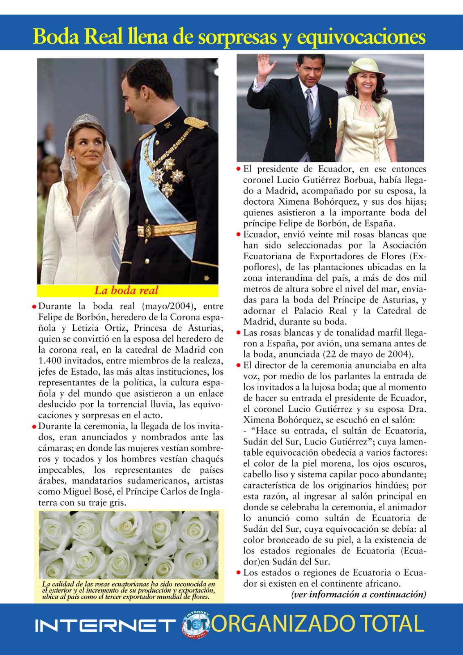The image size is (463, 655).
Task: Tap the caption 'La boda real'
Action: pyautogui.click(x=126, y=291)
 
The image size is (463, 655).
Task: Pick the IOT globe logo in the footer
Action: pyautogui.click(x=196, y=625)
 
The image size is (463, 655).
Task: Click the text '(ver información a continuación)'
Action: pyautogui.click(x=359, y=594)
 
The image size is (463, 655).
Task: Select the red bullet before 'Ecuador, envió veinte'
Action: pyautogui.click(x=239, y=235)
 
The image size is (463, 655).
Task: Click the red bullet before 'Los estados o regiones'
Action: pyautogui.click(x=239, y=573)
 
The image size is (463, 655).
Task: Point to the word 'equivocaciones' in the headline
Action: pyautogui.click(x=361, y=37)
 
